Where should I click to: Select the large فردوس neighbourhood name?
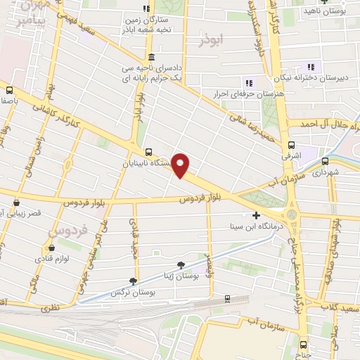coord(68,231)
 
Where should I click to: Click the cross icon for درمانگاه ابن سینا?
coord(256,216)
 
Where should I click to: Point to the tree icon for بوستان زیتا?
coord(181,265)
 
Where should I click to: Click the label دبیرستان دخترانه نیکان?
coord(319,80)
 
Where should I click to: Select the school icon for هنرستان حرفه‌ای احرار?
coord(248,83)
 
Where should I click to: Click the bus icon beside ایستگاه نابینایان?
coord(148,151)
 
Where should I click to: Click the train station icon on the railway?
coord(226,298)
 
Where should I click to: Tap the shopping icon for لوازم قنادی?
coord(51,247)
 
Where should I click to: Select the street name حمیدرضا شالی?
coord(237,121)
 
